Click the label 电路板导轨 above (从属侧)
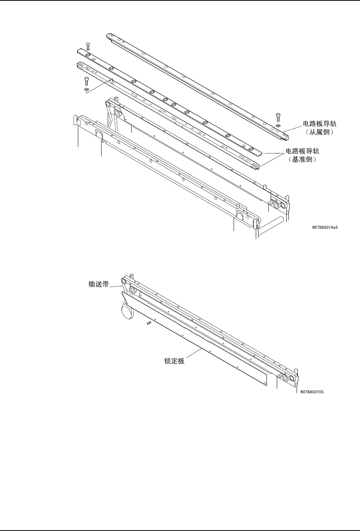pos(320,124)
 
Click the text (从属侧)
pos(320,132)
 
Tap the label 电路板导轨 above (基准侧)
pos(303,152)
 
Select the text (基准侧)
pos(303,160)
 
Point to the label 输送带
pos(99,284)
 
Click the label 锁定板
pos(174,360)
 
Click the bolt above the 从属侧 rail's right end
pos(278,116)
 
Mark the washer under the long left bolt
pos(87,90)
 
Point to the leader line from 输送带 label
pos(116,286)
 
